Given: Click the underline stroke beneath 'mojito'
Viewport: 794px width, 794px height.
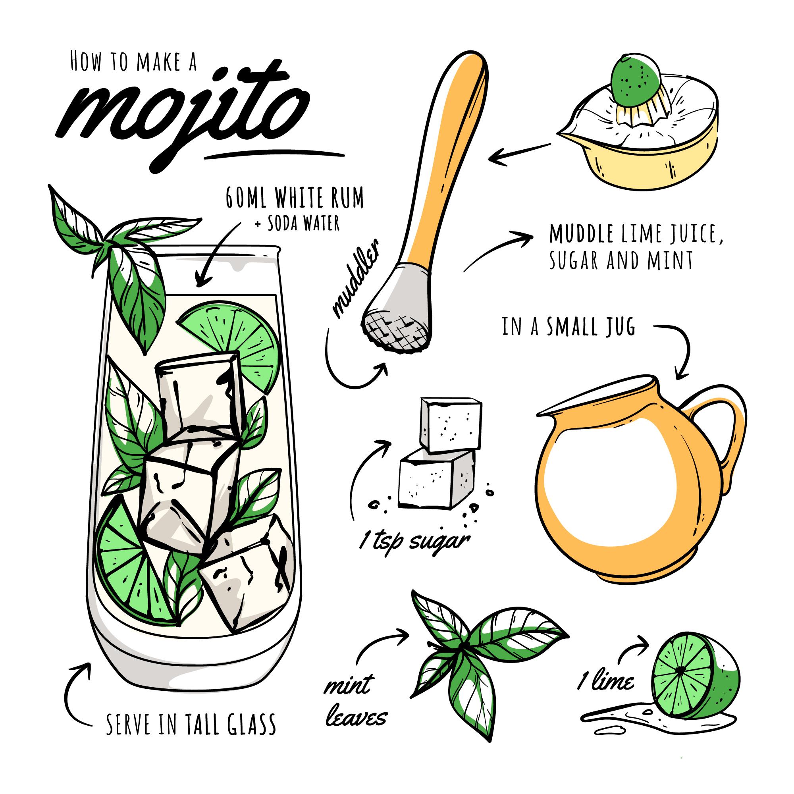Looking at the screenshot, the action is [275, 154].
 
